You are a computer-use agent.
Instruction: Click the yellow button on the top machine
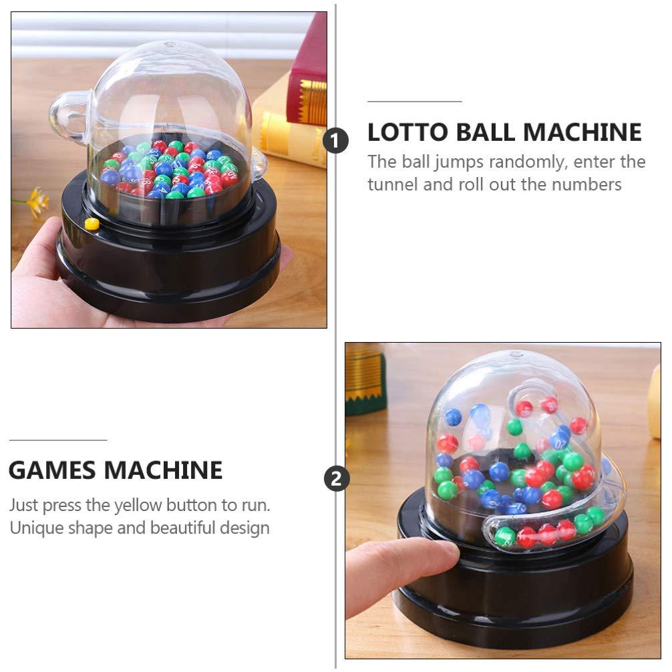(x=92, y=224)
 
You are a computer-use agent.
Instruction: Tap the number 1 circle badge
(x=336, y=141)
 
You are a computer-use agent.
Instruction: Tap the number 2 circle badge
(x=336, y=478)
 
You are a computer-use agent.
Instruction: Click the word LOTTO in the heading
(x=405, y=132)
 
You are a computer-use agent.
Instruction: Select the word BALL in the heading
(x=486, y=132)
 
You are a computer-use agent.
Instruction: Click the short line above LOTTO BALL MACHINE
(x=414, y=102)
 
